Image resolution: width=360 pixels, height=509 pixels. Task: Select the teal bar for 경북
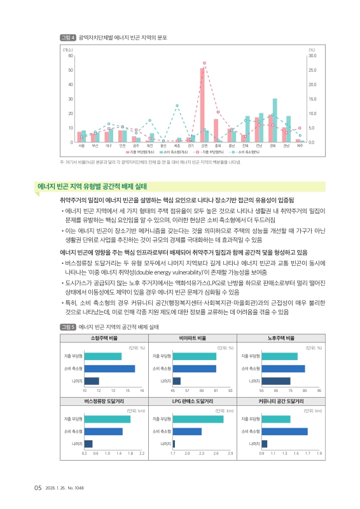pyautogui.click(x=275, y=120)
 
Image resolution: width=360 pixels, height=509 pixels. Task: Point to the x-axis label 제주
pyautogui.click(x=300, y=146)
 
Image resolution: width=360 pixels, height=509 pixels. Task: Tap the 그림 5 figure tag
pyautogui.click(x=67, y=326)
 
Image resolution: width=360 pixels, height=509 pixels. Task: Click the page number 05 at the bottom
pyautogui.click(x=38, y=488)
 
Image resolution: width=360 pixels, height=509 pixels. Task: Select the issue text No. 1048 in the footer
pyautogui.click(x=84, y=489)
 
